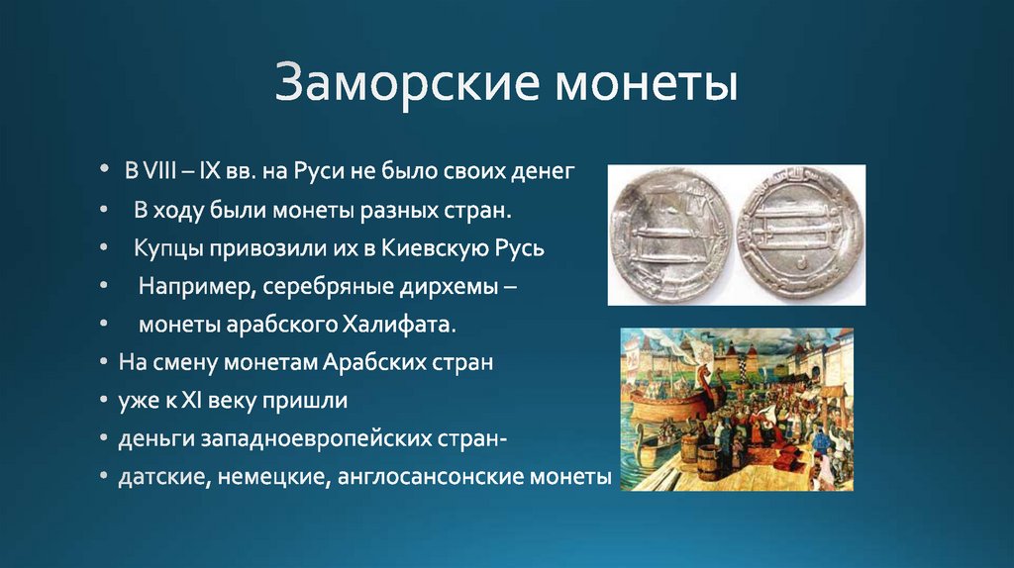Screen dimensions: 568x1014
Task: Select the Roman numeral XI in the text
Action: [196, 399]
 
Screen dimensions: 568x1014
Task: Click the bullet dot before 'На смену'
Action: [104, 362]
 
